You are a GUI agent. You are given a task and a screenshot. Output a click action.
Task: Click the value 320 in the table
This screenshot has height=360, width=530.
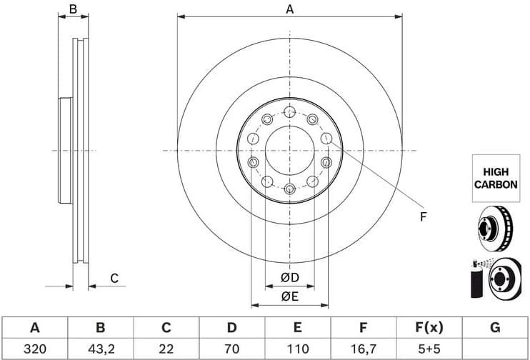pos(34,349)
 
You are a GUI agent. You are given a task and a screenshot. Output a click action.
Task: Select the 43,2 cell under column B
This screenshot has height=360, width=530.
pos(101,349)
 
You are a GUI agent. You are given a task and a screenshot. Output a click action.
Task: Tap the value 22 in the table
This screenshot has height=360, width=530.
pos(166,349)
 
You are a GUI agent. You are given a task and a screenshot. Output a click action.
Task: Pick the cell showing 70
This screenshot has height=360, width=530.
pos(231,349)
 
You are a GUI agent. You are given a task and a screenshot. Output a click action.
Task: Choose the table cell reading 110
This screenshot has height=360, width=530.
pos(297,349)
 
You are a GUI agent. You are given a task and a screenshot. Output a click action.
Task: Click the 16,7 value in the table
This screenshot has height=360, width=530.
pos(363,349)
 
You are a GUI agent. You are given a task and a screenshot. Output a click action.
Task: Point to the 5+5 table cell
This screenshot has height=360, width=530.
pos(429,349)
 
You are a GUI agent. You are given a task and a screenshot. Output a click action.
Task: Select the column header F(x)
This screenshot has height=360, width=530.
pos(429,328)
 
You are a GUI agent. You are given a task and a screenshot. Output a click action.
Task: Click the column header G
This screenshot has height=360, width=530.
pos(494,328)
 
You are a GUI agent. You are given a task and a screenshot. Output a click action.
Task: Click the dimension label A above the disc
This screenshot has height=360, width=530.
pos(290,9)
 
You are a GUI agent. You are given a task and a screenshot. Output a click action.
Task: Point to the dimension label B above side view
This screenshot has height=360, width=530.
pos(72,9)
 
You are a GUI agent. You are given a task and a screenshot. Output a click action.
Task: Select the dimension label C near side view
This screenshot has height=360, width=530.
pos(114,279)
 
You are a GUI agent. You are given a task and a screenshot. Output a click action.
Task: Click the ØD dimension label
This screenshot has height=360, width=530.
pos(289,277)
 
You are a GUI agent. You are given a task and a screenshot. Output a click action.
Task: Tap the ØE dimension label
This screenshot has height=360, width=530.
pos(289,296)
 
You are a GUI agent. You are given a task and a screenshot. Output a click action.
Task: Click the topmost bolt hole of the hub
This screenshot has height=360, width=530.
pos(289,112)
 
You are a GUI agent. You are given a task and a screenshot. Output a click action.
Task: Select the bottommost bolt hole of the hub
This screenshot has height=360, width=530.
pos(289,189)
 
